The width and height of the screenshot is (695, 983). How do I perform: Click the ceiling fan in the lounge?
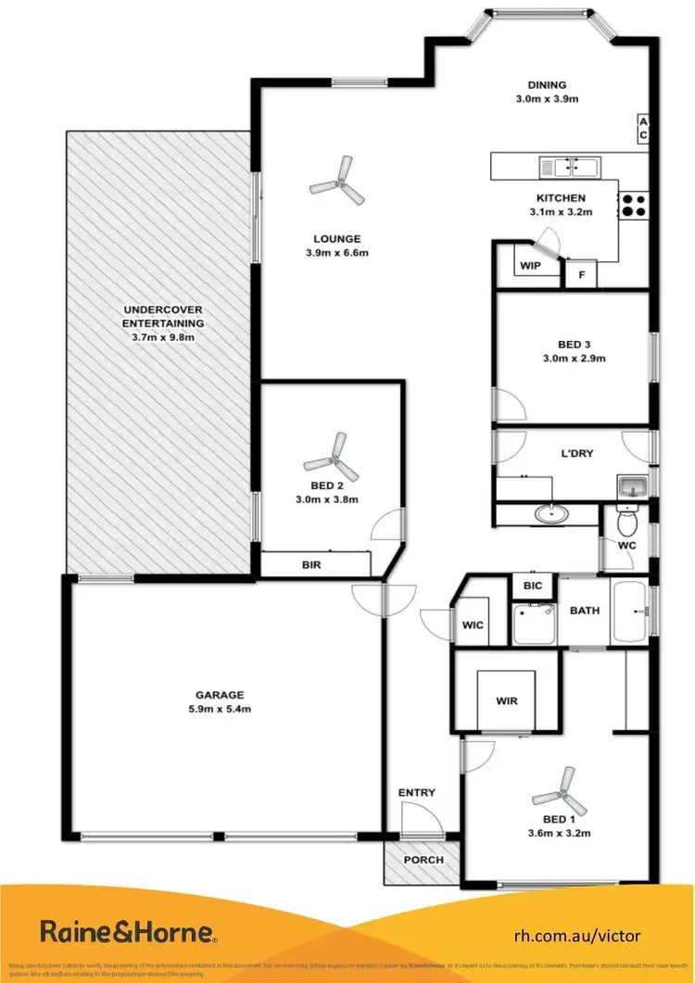click(333, 181)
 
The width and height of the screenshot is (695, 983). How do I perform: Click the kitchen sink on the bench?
click(570, 167)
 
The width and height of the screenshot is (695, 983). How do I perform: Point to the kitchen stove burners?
click(633, 205)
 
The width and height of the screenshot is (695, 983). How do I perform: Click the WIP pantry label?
click(530, 266)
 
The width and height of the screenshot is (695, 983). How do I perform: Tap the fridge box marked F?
click(582, 275)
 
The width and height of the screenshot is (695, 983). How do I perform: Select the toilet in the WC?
click(626, 522)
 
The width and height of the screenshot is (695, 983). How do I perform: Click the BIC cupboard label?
click(532, 586)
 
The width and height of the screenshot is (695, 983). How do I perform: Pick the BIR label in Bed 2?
click(311, 564)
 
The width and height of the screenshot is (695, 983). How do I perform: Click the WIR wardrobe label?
click(506, 701)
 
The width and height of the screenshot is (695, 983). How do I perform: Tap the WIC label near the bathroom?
click(473, 625)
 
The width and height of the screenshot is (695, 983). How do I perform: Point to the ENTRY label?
click(416, 793)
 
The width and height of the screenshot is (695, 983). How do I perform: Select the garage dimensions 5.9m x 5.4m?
click(219, 710)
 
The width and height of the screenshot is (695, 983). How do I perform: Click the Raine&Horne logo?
click(128, 931)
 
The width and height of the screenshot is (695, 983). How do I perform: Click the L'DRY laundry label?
click(577, 454)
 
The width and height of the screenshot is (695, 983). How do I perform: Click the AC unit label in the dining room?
click(642, 129)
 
